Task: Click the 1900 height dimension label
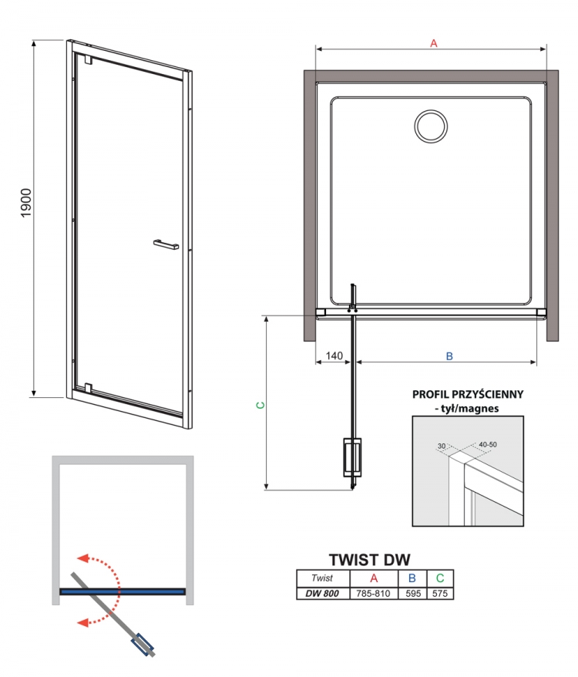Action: [x=26, y=203]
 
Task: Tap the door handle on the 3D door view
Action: [x=166, y=244]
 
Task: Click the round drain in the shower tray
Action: [x=431, y=126]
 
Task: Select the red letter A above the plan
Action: [x=434, y=43]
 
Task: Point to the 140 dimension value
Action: [x=334, y=355]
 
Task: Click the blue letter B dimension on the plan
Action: [x=449, y=356]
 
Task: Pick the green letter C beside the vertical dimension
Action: [x=260, y=405]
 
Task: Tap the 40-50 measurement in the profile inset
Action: [x=488, y=444]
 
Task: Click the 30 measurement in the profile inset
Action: [x=442, y=446]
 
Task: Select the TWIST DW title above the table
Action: [x=369, y=560]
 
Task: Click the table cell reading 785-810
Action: [x=374, y=594]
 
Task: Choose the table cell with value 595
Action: [x=412, y=594]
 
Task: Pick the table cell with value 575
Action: [x=440, y=594]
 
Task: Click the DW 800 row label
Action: [x=322, y=594]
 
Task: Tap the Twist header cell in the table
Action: [x=322, y=578]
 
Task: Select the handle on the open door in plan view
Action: [x=352, y=457]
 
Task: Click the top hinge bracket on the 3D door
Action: [x=89, y=59]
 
